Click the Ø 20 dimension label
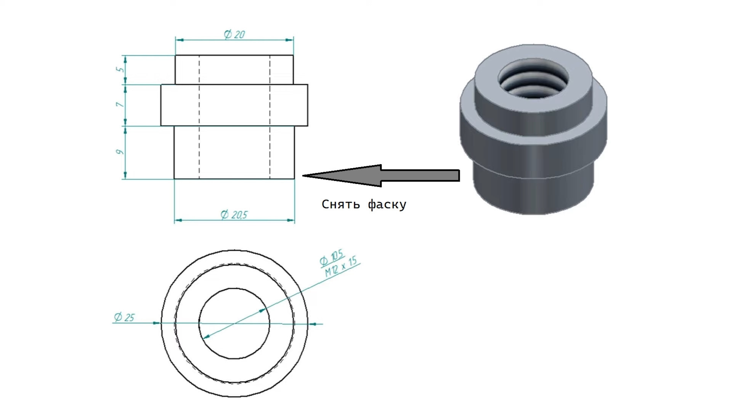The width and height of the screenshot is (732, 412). click(234, 34)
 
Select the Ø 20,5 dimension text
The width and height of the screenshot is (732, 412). click(234, 215)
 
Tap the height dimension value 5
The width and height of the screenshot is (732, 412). click(120, 69)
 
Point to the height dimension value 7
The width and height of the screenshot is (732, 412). click(120, 104)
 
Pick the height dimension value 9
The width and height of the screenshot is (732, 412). click(120, 152)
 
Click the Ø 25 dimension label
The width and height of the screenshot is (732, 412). click(124, 317)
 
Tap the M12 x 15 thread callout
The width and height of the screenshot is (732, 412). click(341, 267)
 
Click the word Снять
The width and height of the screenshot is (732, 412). click(341, 204)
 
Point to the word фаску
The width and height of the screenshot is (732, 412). click(387, 205)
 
